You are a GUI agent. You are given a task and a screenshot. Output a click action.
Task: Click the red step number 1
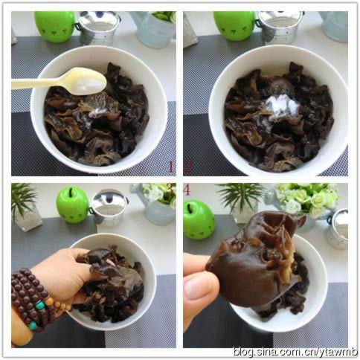(x=170, y=167)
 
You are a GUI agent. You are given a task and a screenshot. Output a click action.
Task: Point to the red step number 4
(x=187, y=190)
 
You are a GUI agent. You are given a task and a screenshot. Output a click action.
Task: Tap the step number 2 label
(x=188, y=167)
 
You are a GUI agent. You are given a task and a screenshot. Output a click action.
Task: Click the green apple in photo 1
(x=54, y=27)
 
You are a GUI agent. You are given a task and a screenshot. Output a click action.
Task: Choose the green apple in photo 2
(x=234, y=26)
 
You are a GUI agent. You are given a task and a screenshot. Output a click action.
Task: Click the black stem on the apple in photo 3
(x=71, y=192)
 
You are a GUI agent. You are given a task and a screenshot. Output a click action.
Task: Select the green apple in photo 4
(x=199, y=219)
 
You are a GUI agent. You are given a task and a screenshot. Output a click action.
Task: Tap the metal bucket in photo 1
(x=98, y=28)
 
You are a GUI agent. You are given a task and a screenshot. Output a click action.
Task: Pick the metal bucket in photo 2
(x=281, y=28)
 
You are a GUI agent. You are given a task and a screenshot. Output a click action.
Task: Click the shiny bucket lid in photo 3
(x=109, y=199)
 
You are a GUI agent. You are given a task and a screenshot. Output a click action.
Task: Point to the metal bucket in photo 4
(x=338, y=229)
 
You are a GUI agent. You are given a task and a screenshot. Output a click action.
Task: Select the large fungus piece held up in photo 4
(x=255, y=258)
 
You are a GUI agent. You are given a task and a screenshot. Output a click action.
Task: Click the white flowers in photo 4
(x=307, y=199)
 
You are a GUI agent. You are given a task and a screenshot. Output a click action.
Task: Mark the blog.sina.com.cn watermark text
(x=296, y=351)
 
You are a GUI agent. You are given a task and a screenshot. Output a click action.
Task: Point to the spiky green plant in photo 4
(x=240, y=196)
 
